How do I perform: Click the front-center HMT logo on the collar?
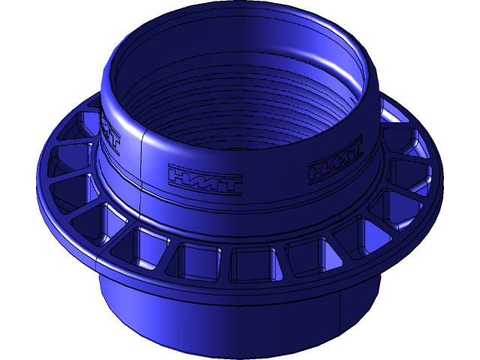pyautogui.click(x=205, y=181)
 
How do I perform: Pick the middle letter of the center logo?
pyautogui.click(x=205, y=181)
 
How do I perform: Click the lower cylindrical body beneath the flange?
pyautogui.click(x=225, y=315)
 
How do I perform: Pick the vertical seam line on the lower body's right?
pyautogui.click(x=342, y=307)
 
